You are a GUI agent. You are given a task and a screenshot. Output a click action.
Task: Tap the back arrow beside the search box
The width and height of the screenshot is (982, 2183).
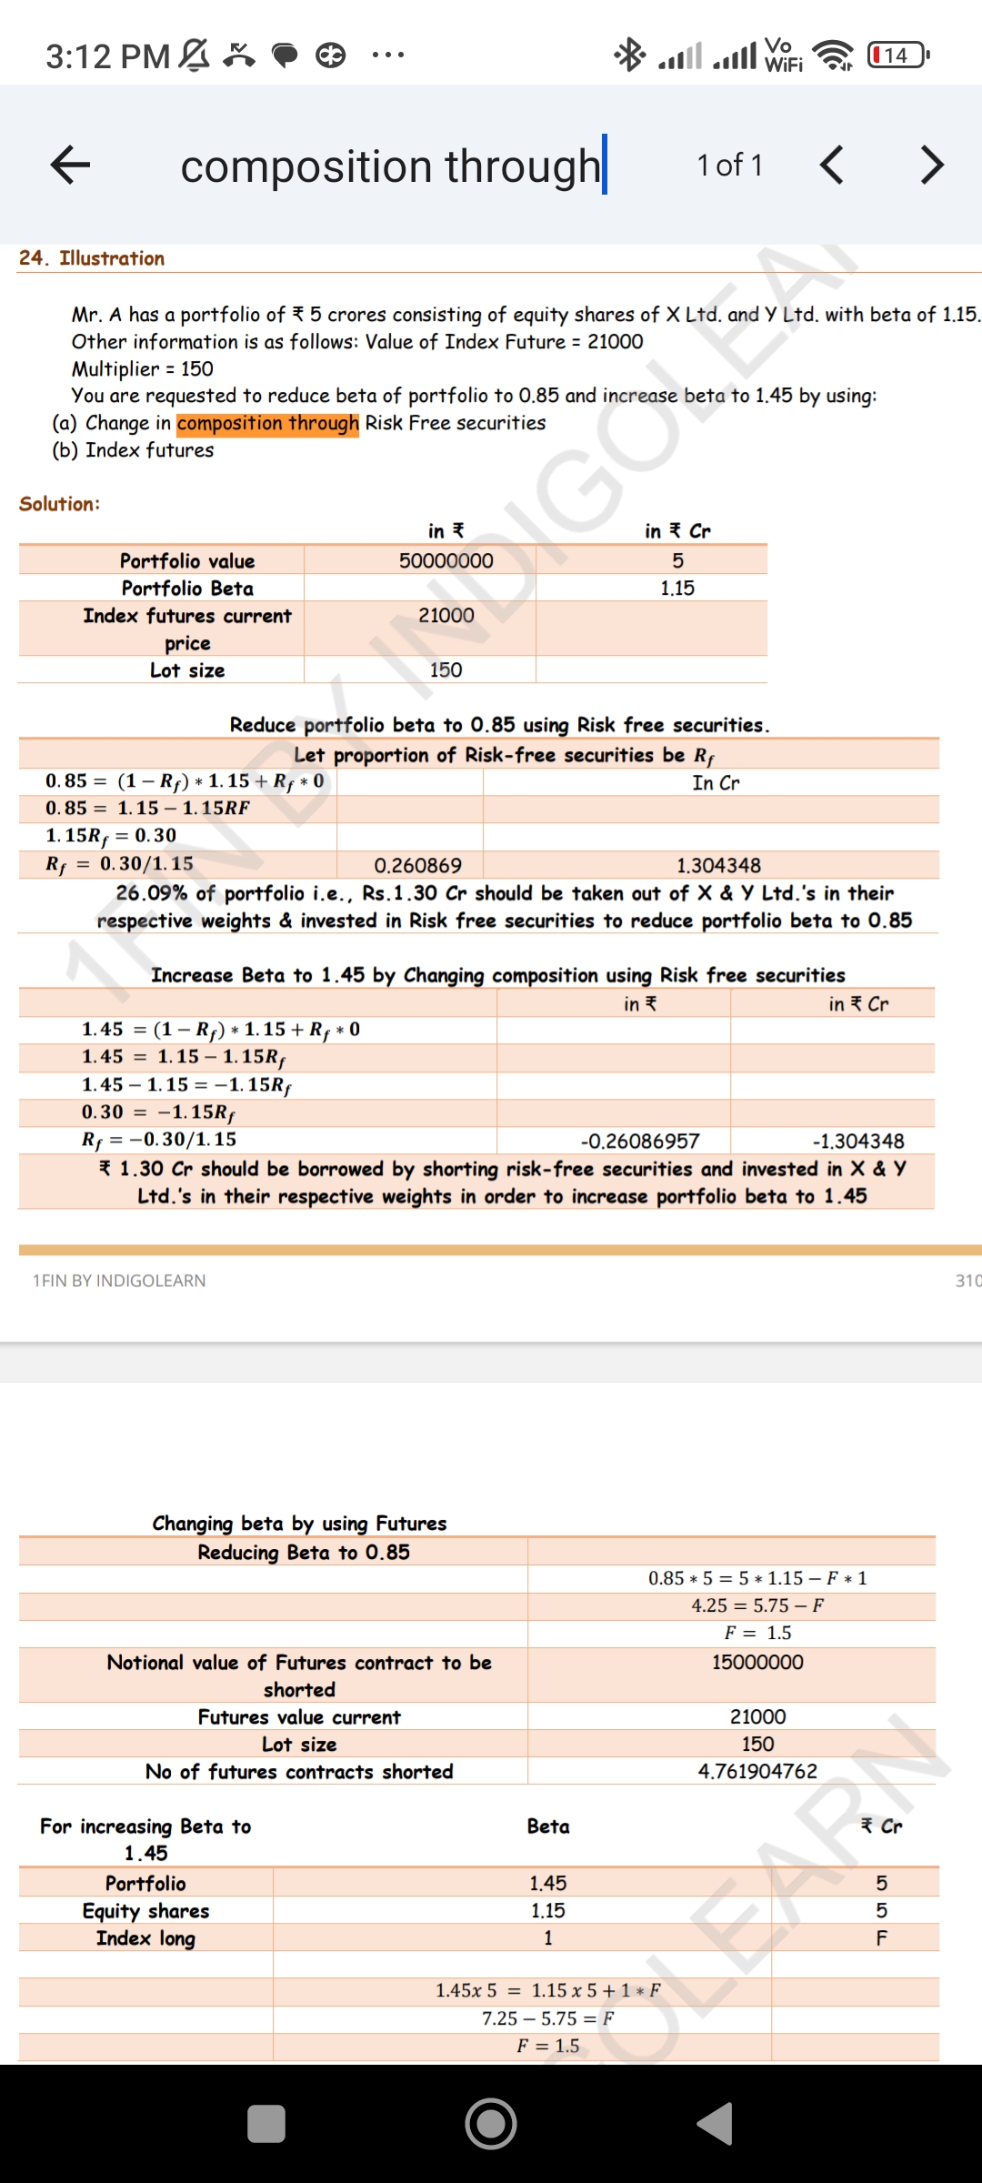(x=70, y=165)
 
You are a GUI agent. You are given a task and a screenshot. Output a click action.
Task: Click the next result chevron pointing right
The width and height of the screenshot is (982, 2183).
(x=931, y=165)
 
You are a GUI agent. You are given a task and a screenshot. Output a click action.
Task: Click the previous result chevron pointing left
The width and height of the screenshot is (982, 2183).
(x=831, y=165)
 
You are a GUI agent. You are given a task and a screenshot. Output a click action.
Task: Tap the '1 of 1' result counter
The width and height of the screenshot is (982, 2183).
(x=729, y=166)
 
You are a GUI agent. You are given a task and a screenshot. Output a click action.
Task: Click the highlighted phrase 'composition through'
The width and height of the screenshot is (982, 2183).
(x=267, y=423)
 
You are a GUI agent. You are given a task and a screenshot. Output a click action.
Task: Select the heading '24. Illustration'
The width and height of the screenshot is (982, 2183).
(x=92, y=258)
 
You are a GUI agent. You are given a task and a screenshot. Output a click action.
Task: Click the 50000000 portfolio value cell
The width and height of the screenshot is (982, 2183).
(x=446, y=560)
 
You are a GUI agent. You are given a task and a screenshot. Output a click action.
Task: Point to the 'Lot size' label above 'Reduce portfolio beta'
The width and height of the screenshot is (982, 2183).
(x=187, y=670)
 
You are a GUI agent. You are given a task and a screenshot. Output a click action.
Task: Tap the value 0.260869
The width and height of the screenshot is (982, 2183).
(x=417, y=865)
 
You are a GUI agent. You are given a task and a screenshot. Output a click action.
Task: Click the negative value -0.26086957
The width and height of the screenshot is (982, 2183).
(x=640, y=1141)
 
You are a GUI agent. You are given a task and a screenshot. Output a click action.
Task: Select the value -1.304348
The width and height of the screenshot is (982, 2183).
(x=857, y=1141)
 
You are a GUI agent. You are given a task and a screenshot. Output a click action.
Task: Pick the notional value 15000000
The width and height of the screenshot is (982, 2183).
(x=757, y=1662)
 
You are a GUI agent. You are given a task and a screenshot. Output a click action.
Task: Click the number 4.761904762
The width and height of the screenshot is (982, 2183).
(x=757, y=1771)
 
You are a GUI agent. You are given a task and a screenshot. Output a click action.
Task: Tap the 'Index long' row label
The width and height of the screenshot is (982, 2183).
(x=145, y=1938)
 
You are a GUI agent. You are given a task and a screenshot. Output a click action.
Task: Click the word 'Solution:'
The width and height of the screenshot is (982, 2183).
(x=60, y=504)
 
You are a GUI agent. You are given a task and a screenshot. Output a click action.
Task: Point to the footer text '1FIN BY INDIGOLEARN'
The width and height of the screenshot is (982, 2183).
(x=119, y=1281)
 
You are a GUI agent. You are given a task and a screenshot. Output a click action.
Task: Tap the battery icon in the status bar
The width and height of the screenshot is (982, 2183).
(x=897, y=55)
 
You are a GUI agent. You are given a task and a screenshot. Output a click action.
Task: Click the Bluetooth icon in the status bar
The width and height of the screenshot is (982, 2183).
(x=629, y=55)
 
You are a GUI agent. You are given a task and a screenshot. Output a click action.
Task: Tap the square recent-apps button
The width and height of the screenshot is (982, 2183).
(x=266, y=2124)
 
